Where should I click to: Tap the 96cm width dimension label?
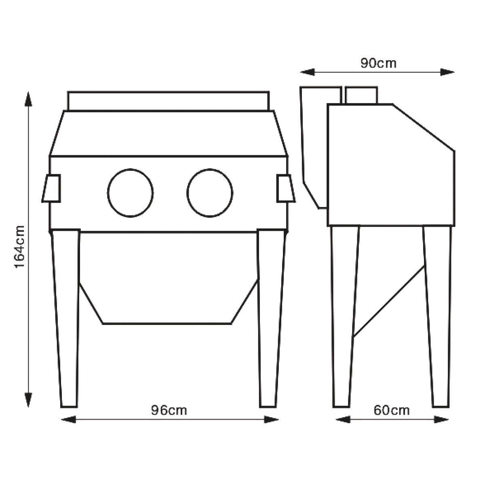click(169, 411)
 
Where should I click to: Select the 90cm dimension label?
click(378, 63)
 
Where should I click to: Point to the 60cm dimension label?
click(391, 410)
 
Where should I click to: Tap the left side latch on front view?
click(51, 188)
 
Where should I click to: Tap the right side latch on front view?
click(286, 188)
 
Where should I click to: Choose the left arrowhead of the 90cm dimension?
click(307, 72)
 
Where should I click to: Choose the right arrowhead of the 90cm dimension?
click(447, 72)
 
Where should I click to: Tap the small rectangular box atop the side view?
click(361, 95)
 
